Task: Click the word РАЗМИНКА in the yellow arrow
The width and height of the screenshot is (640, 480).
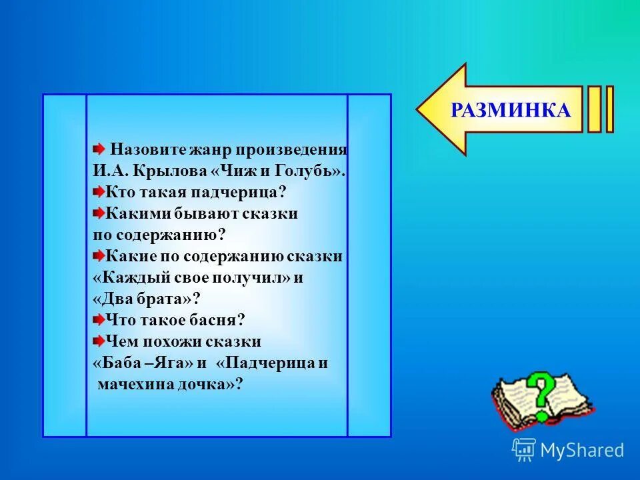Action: (x=511, y=110)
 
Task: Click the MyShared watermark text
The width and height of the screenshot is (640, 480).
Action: (x=581, y=450)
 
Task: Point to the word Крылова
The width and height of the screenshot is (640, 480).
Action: (x=170, y=171)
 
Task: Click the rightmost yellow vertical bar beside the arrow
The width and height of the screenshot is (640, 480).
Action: (x=609, y=110)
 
